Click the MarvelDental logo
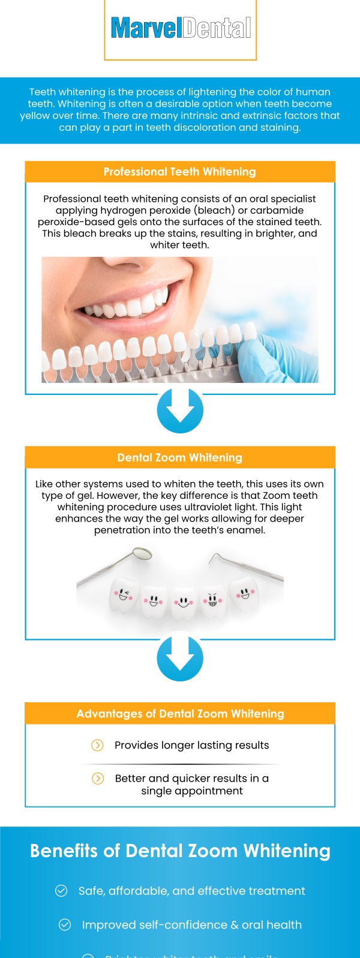tap(181, 28)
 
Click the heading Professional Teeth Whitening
tap(180, 172)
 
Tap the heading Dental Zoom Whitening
tap(180, 457)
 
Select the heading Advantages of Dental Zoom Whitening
tap(180, 714)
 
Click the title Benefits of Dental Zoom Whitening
tap(180, 851)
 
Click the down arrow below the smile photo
tap(180, 411)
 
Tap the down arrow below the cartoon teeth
tap(180, 658)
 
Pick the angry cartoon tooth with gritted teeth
tap(212, 600)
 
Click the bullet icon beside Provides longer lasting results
tap(97, 745)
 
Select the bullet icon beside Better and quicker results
tap(97, 779)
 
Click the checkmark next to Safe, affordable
tap(61, 891)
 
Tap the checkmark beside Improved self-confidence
tap(65, 925)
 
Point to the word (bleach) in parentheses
tap(216, 210)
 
